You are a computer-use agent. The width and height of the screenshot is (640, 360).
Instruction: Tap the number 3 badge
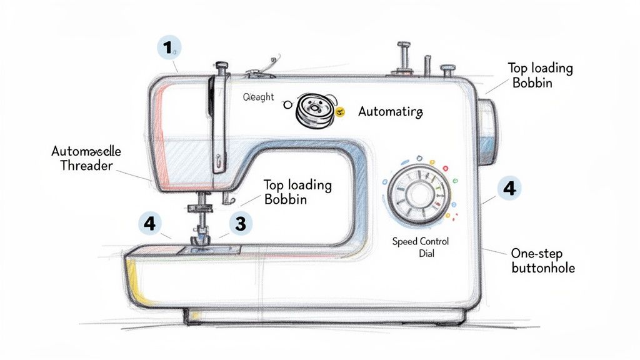point(240,223)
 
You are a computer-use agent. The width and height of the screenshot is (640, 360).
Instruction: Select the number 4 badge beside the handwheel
point(510,189)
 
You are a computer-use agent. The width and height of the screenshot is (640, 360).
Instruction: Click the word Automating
point(391,112)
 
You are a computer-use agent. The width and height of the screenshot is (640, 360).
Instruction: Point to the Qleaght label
point(257,97)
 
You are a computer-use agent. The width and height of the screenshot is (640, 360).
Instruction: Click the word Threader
point(86,166)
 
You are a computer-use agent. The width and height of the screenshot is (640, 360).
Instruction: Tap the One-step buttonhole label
point(542,261)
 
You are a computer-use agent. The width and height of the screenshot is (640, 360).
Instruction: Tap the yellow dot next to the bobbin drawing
point(340,112)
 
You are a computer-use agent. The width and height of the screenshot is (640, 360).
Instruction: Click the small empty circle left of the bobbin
point(287,106)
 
